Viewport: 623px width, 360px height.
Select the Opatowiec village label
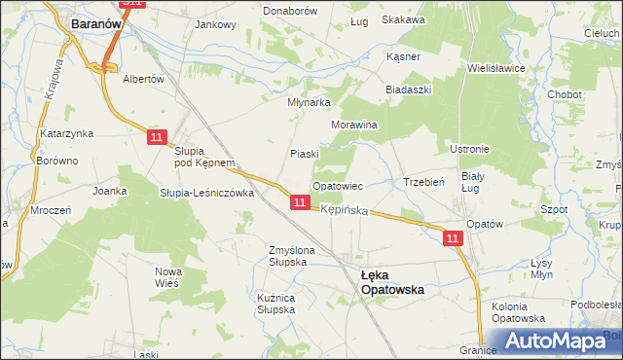[x=337, y=185]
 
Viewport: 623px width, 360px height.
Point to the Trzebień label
[x=423, y=182]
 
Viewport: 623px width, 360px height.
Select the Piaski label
[x=305, y=154]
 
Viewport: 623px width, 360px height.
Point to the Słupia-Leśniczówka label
[x=206, y=193]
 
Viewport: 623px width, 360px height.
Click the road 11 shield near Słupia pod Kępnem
[x=159, y=139]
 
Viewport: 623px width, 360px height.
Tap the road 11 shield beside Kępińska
[x=300, y=202]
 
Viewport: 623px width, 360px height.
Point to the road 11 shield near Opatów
[x=453, y=237]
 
